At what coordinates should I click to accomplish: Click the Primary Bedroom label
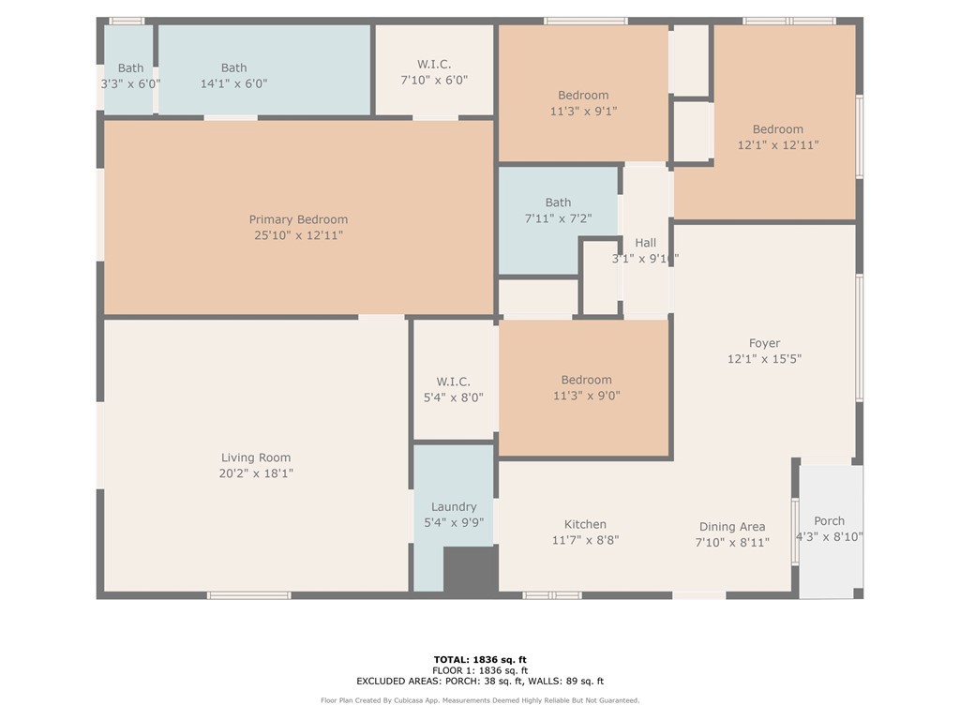298,219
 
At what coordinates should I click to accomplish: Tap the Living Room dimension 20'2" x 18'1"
256,473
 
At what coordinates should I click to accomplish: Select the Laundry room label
454,507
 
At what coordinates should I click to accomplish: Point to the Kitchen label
585,524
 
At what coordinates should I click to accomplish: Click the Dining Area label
732,527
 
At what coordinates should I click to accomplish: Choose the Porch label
829,521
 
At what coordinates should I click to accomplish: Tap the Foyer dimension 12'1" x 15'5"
764,359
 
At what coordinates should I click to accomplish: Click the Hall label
645,243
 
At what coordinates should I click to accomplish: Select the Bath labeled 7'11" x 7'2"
558,202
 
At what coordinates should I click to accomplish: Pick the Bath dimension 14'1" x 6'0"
233,83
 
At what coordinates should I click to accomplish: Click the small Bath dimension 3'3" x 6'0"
130,83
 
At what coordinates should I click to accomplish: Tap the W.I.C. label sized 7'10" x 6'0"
434,65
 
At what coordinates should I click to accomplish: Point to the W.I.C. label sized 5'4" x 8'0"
453,382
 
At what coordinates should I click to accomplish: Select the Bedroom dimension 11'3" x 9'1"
583,112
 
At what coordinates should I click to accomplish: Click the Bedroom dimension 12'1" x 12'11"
777,145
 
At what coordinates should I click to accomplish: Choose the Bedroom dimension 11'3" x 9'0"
587,397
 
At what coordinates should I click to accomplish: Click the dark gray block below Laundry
471,569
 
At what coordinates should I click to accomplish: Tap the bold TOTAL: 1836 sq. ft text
480,659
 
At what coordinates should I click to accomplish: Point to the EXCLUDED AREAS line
480,681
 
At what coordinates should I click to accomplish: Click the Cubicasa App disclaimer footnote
480,700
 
